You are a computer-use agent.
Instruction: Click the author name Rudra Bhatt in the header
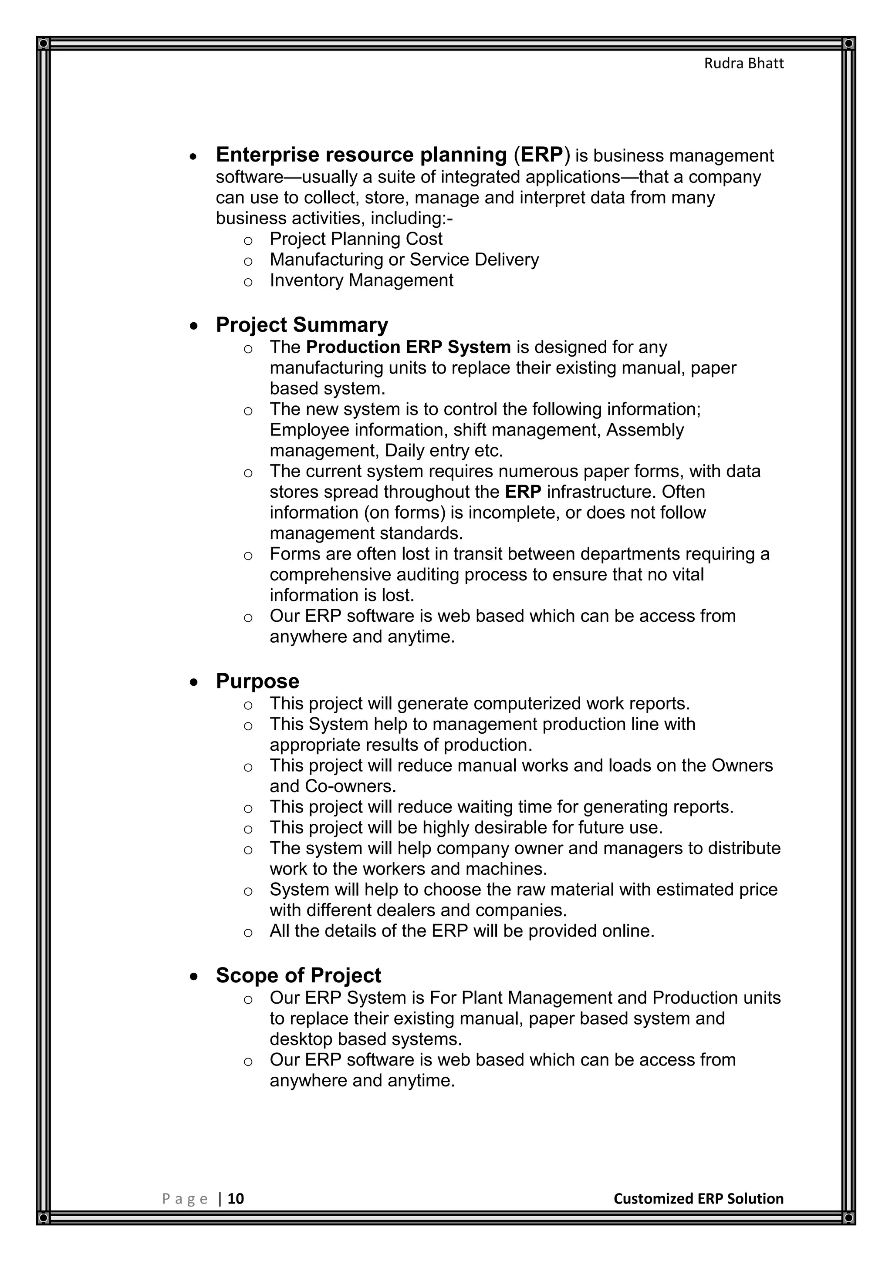click(x=744, y=64)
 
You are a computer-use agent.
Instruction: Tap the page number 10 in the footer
click(x=236, y=1198)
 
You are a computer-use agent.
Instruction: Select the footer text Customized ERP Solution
click(x=698, y=1198)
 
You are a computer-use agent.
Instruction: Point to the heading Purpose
click(x=257, y=681)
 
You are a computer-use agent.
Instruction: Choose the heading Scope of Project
click(x=298, y=975)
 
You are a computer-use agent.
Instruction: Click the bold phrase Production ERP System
click(x=408, y=347)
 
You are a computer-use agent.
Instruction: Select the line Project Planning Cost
click(x=355, y=239)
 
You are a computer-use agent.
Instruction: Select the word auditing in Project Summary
click(x=428, y=574)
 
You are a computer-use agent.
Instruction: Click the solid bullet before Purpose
click(x=193, y=683)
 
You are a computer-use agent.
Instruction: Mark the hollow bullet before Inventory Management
click(x=248, y=282)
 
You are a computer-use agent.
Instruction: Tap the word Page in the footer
click(x=185, y=1199)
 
